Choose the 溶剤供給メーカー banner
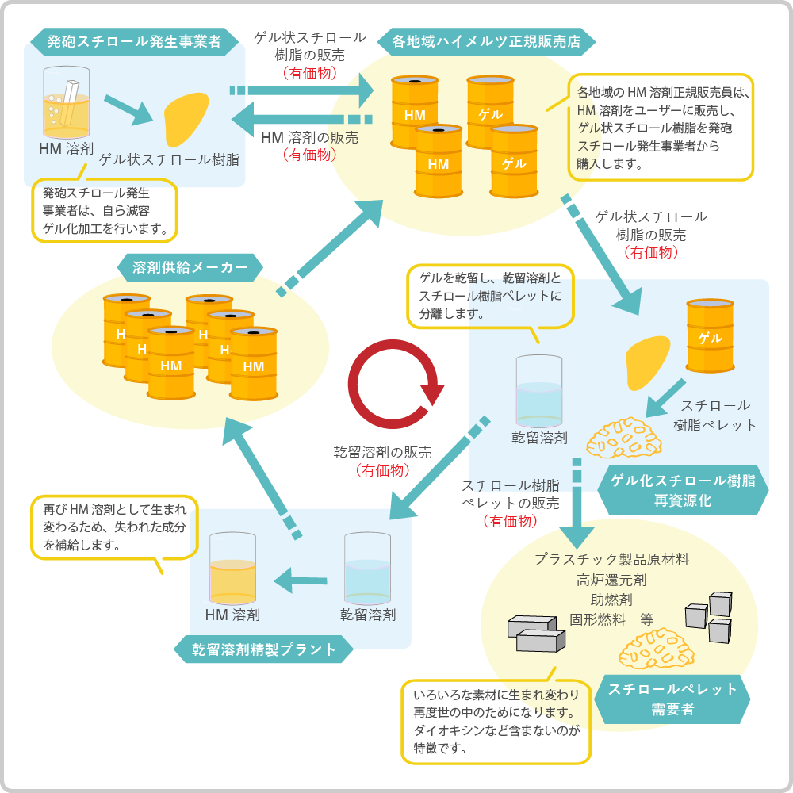190,268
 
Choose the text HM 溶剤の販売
309,137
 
